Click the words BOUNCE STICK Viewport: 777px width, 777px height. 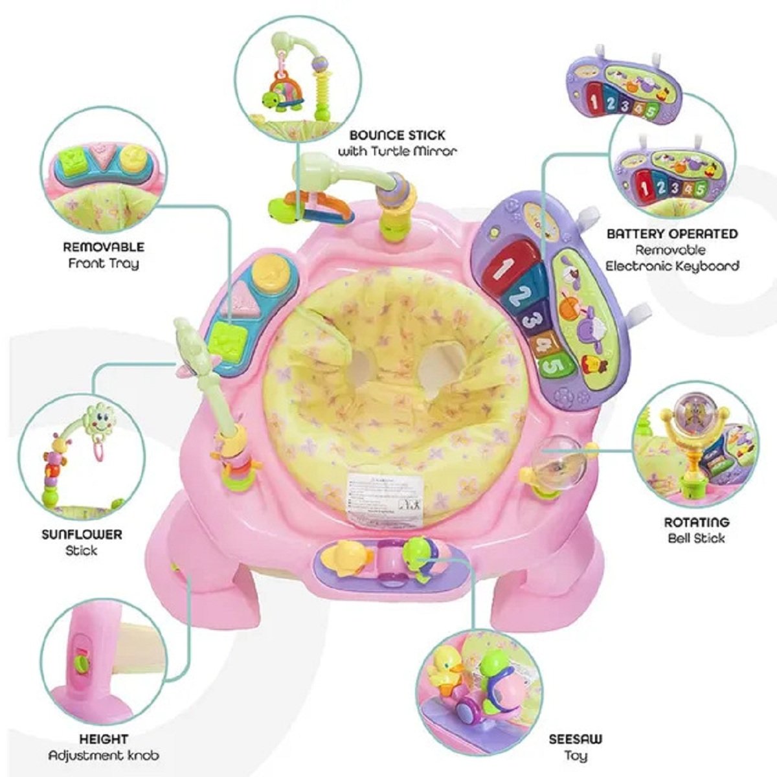point(397,135)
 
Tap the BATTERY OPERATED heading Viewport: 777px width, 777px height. point(672,233)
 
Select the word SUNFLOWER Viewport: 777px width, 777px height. point(82,535)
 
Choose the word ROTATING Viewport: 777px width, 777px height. point(696,522)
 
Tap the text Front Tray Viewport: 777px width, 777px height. point(104,264)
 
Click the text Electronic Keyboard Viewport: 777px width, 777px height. point(672,265)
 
